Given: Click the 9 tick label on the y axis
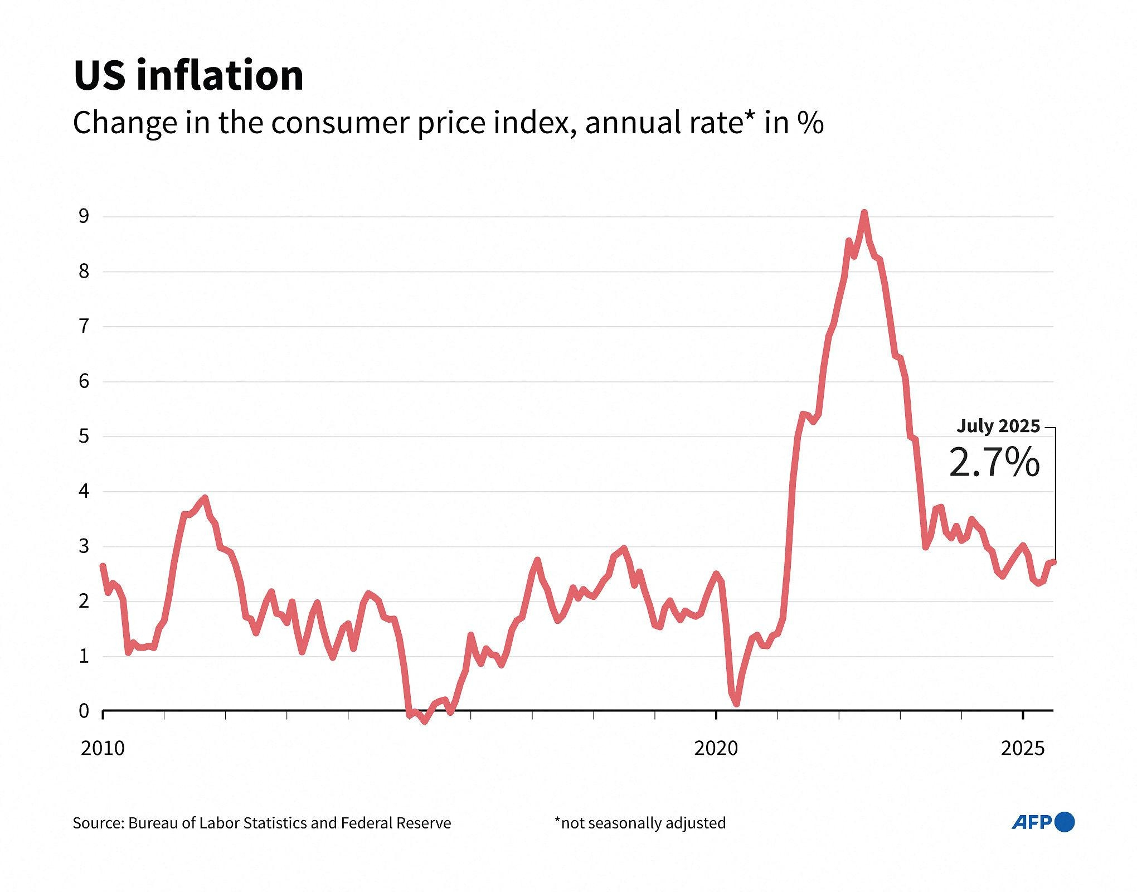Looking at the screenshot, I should pyautogui.click(x=84, y=216).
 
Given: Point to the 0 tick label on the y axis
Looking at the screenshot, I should pyautogui.click(x=84, y=711).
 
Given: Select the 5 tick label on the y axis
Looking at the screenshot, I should pyautogui.click(x=84, y=436).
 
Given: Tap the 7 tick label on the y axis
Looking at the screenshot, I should pyautogui.click(x=84, y=326).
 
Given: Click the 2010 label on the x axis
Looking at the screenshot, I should pyautogui.click(x=103, y=748).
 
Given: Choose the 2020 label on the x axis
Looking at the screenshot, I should pyautogui.click(x=716, y=748).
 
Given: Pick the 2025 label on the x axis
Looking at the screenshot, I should pyautogui.click(x=1023, y=748).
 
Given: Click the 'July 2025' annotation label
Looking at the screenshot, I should pyautogui.click(x=998, y=426).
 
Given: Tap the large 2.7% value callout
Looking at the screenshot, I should pyautogui.click(x=994, y=463).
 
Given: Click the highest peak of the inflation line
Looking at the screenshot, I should pyautogui.click(x=864, y=212).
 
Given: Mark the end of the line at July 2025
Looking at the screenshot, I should pyautogui.click(x=1053, y=562).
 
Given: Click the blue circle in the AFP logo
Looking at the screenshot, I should pyautogui.click(x=1066, y=822).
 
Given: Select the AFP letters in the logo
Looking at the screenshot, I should pyautogui.click(x=1032, y=822).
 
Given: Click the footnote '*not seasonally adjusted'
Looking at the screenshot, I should pyautogui.click(x=640, y=823).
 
